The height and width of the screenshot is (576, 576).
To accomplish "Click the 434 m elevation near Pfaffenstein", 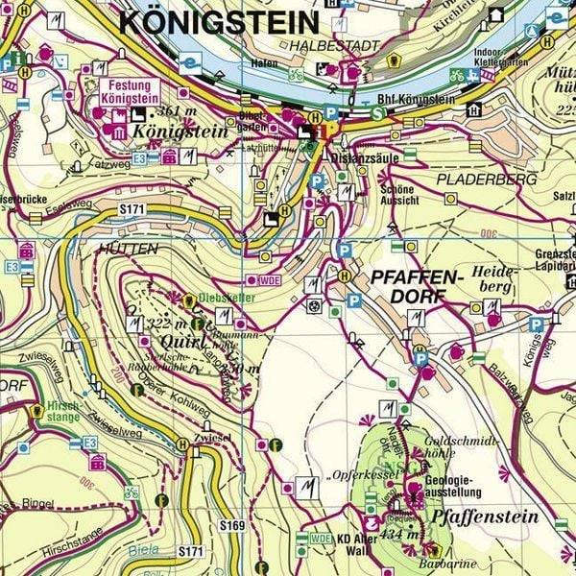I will tap(397, 535).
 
